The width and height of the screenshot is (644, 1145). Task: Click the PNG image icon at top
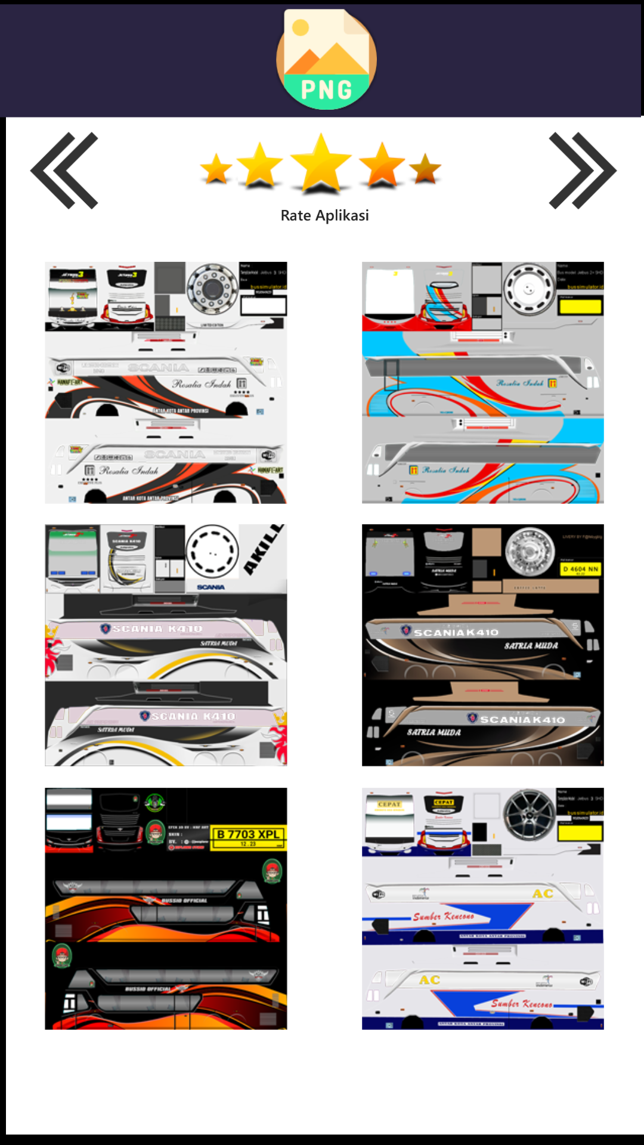(326, 59)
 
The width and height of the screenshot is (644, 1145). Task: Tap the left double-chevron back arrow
(64, 171)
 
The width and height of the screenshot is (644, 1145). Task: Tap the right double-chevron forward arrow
(582, 171)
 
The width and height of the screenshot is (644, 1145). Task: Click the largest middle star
(321, 163)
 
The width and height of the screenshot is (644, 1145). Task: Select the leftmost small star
(216, 169)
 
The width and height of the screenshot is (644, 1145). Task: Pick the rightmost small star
(425, 169)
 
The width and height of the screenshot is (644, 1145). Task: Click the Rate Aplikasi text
(324, 215)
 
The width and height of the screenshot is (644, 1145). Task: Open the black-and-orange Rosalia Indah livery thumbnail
(166, 382)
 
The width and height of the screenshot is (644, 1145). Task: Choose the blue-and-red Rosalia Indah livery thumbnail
(482, 382)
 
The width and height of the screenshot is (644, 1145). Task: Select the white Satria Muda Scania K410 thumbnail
(166, 645)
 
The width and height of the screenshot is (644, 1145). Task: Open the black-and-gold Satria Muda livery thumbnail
(482, 645)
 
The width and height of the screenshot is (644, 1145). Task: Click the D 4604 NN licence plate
(580, 570)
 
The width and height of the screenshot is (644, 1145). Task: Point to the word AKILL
(263, 549)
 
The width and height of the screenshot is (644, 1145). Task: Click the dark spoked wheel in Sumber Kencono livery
(529, 814)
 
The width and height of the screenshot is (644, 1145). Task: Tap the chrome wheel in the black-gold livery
(530, 552)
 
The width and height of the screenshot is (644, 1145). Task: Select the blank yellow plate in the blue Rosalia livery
(580, 307)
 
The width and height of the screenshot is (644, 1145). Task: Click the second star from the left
(259, 165)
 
